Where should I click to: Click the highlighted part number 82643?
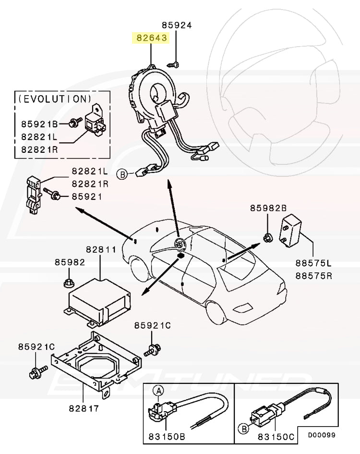(x=151, y=37)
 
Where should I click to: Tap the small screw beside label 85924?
(x=175, y=63)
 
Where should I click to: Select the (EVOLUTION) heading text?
(x=54, y=98)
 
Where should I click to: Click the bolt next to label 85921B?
(x=74, y=123)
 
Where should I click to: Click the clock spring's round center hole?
(x=157, y=91)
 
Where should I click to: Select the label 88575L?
(x=313, y=264)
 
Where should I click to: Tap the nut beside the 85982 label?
(x=68, y=282)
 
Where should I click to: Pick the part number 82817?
(x=84, y=408)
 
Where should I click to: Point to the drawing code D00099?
(x=322, y=435)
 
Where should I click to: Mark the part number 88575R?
(x=313, y=276)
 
